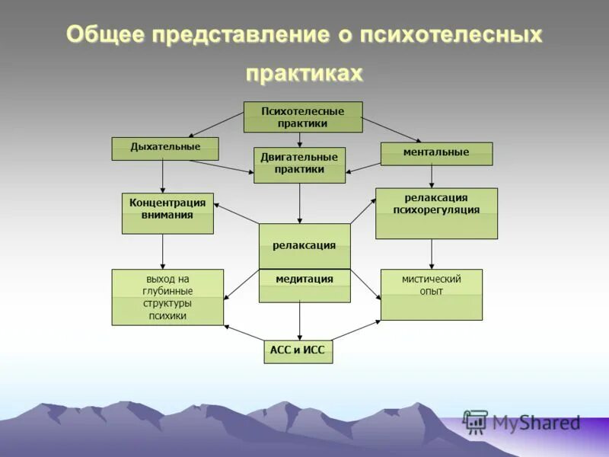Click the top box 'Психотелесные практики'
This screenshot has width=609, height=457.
302,117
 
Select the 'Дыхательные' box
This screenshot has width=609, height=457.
165,148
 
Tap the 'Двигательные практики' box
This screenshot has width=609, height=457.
299,165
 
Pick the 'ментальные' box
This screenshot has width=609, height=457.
436,153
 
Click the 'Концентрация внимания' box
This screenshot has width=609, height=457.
167,213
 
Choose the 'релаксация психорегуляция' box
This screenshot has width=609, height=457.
436,213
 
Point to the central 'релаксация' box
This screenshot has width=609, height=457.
304,246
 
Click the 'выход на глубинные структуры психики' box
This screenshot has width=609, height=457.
167,297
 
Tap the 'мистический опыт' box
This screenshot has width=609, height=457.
431,294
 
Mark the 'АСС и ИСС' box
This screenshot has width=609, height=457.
298,351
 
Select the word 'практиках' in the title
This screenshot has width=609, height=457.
304,73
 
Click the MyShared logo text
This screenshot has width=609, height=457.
536,423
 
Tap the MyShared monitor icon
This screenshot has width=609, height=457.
475,422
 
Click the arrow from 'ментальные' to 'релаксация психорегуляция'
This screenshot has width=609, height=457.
432,176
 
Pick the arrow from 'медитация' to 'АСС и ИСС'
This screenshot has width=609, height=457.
299,321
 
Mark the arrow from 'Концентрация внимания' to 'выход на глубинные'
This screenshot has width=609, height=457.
163,251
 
